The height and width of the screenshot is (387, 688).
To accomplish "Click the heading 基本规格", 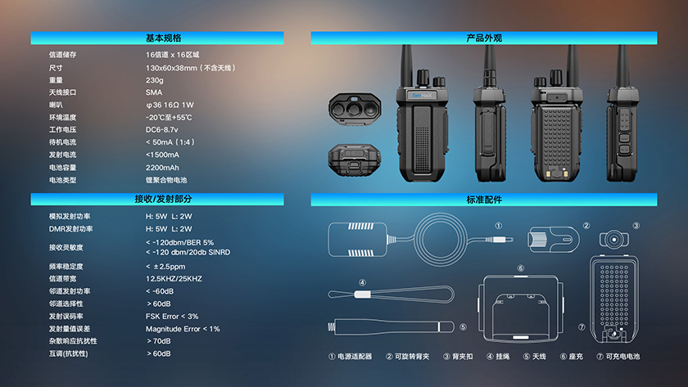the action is click(163, 38).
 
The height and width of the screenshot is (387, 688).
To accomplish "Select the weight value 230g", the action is click(155, 80).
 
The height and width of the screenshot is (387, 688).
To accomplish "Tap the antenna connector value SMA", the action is click(154, 92).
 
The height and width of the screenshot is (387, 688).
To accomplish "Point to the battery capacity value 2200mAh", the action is click(162, 168).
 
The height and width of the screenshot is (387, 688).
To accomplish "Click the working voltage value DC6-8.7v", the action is click(162, 130).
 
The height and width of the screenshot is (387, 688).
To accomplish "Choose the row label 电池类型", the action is click(63, 180).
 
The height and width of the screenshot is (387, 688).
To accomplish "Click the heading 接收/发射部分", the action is click(163, 199).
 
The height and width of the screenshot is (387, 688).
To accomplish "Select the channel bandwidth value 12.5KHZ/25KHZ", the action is click(174, 279).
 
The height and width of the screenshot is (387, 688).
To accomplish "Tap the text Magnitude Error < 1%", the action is click(183, 329).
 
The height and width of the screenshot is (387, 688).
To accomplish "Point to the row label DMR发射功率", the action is click(70, 229).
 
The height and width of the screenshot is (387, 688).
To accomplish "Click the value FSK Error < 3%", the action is click(172, 317).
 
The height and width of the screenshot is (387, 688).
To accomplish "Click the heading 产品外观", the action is click(484, 38).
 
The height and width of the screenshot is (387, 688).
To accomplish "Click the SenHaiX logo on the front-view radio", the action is click(422, 95).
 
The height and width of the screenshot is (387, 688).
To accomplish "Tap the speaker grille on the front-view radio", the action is click(422, 149).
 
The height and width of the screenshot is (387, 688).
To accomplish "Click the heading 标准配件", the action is click(484, 200).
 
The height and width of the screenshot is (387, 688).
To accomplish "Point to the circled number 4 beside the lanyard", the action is click(362, 283).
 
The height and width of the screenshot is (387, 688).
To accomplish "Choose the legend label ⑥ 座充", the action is click(572, 357).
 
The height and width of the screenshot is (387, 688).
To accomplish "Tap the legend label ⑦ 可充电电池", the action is click(618, 357).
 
